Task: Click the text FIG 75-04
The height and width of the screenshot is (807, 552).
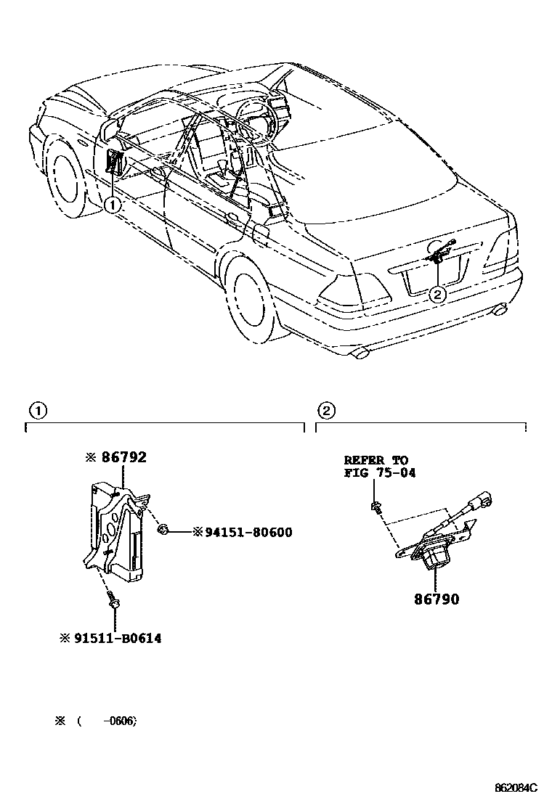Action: click(x=379, y=473)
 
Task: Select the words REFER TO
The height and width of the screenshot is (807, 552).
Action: click(x=376, y=460)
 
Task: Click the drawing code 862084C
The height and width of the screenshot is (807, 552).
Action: click(x=516, y=787)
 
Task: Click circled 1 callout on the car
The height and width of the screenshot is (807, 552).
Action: click(x=110, y=205)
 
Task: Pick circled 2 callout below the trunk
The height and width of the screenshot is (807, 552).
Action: click(x=437, y=294)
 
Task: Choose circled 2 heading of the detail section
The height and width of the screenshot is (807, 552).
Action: click(x=326, y=411)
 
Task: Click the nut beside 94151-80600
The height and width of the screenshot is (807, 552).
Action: click(x=164, y=531)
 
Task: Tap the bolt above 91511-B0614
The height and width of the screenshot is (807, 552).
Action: click(x=113, y=599)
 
